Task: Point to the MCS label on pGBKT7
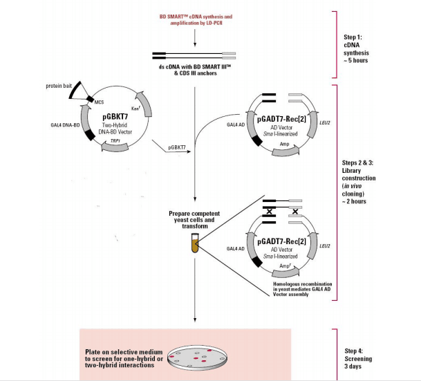tap(99, 102)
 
